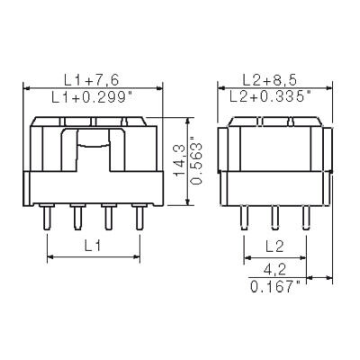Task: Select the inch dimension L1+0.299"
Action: [x=94, y=97]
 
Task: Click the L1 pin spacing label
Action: [x=94, y=246]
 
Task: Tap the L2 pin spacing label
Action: [x=274, y=246]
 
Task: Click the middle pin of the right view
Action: [x=275, y=219]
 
